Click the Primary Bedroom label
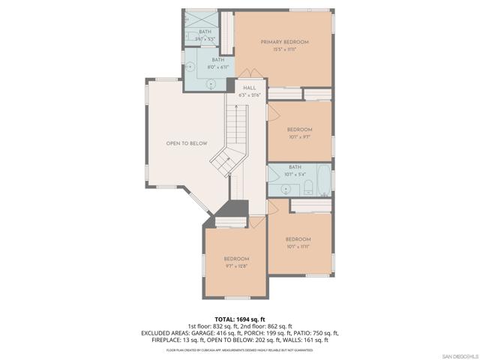click(x=284, y=42)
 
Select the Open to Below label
click(x=187, y=143)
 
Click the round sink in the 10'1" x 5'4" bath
click(x=275, y=180)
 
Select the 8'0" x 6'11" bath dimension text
click(x=217, y=67)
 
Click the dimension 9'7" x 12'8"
click(x=235, y=265)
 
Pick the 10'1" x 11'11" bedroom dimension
click(x=298, y=246)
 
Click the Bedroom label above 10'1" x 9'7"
click(x=299, y=130)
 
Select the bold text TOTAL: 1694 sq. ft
click(x=240, y=319)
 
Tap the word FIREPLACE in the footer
click(x=169, y=340)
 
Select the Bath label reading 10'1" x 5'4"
click(x=295, y=167)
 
